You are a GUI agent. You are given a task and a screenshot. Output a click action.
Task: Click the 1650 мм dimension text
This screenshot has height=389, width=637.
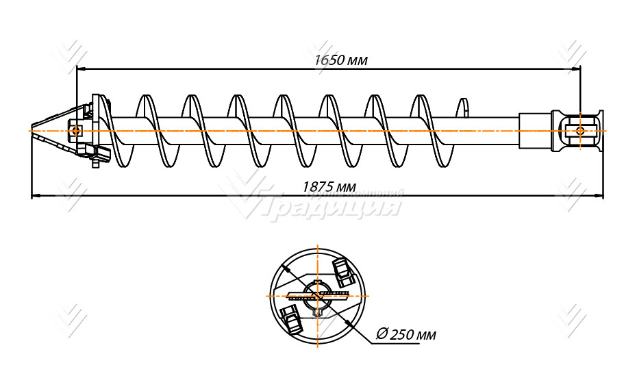pos(340,60)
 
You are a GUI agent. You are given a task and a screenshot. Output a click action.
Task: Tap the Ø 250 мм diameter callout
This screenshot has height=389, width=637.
pos(406,335)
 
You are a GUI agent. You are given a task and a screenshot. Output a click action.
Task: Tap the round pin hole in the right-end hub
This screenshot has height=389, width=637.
pos(580,130)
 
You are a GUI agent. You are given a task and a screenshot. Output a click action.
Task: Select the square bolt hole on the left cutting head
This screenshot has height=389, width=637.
pos(75,130)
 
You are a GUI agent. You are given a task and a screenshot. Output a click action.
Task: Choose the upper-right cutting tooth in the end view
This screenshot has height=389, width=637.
pos(342,272)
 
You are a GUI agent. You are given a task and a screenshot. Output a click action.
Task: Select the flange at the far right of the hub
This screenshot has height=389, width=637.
pos(600,130)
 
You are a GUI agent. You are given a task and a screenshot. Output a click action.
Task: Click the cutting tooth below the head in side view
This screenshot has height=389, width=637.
pos(97,155)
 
